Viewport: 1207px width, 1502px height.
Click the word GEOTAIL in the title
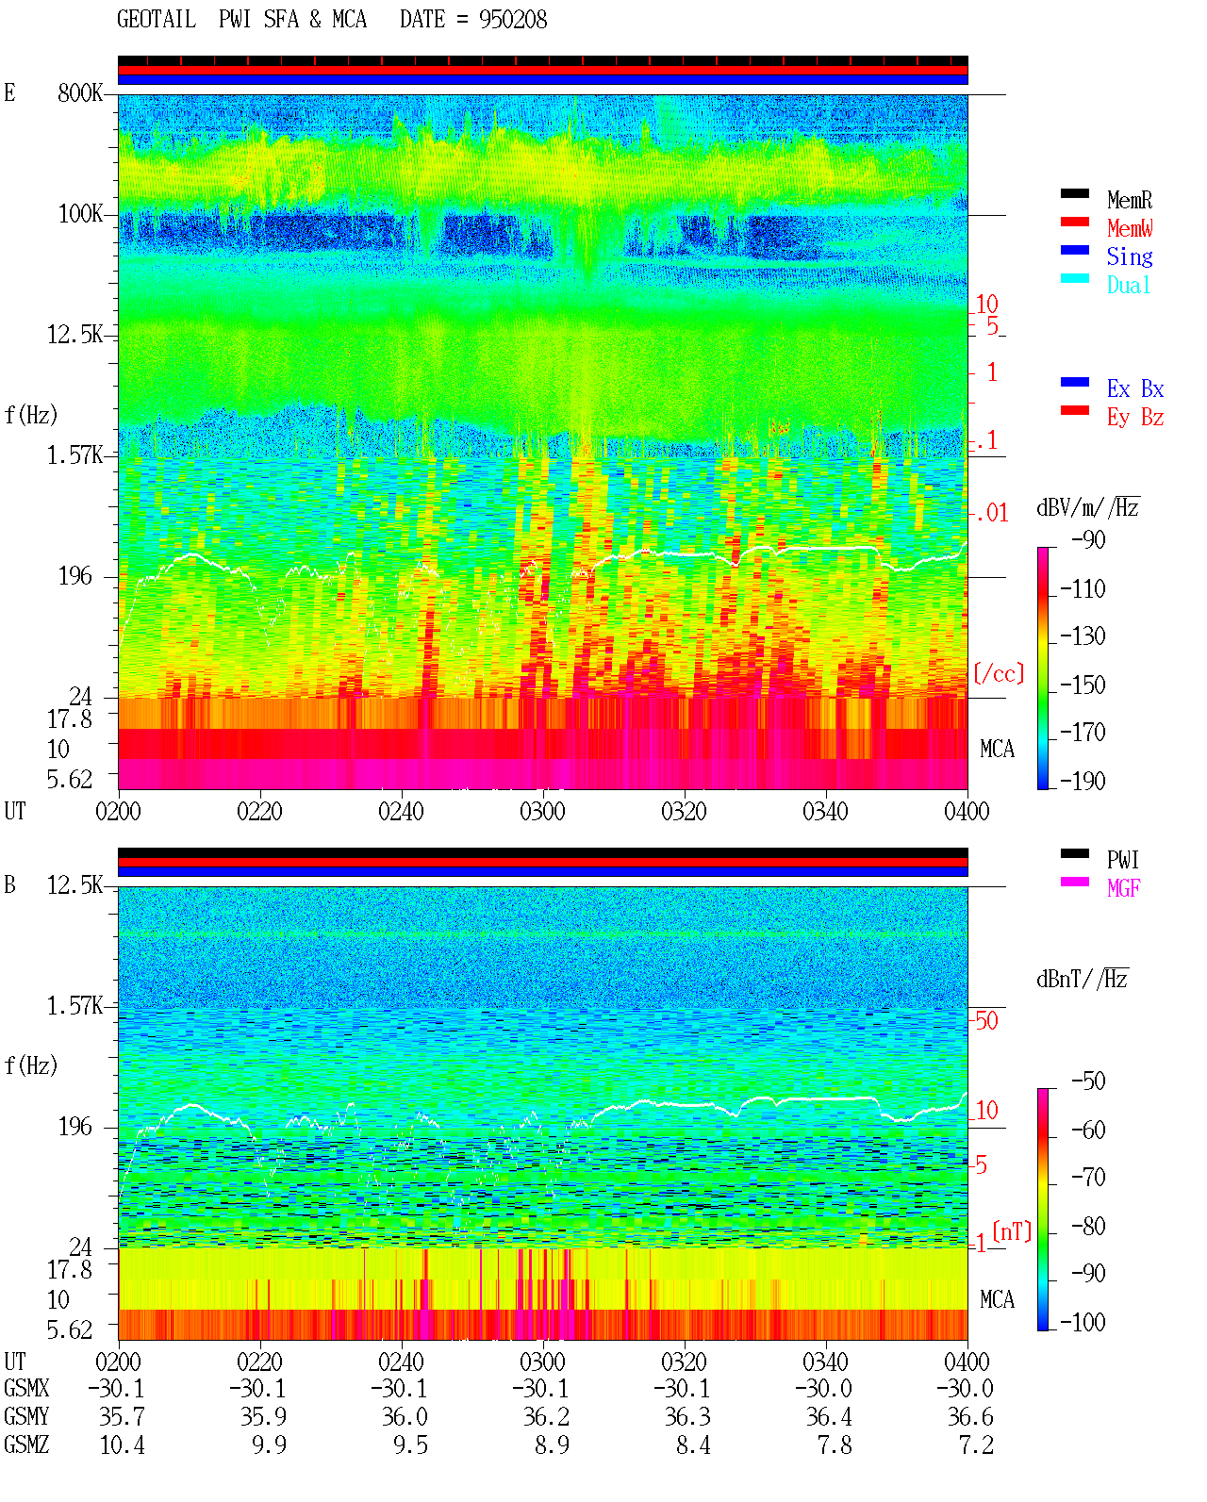coord(157,20)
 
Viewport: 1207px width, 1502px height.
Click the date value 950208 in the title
coord(513,20)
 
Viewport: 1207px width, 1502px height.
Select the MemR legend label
coord(1130,200)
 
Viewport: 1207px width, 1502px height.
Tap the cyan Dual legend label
coord(1129,285)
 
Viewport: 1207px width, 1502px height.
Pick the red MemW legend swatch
coord(1074,222)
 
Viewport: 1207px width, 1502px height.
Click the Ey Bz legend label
coord(1135,418)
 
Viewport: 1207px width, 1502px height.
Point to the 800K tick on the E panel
coord(80,92)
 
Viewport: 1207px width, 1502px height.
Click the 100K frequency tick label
coord(80,214)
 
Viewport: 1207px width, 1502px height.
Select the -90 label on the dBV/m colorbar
coord(1089,540)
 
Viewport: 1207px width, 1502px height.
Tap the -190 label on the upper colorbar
coord(1083,781)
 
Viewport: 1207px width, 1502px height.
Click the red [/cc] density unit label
coord(999,673)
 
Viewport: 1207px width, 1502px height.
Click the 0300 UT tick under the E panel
coord(542,811)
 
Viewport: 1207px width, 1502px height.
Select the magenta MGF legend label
coord(1123,888)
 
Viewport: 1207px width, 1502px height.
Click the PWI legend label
coord(1123,859)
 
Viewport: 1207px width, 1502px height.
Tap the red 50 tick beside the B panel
coord(987,1021)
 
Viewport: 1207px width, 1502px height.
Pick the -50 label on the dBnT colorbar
coord(1089,1081)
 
